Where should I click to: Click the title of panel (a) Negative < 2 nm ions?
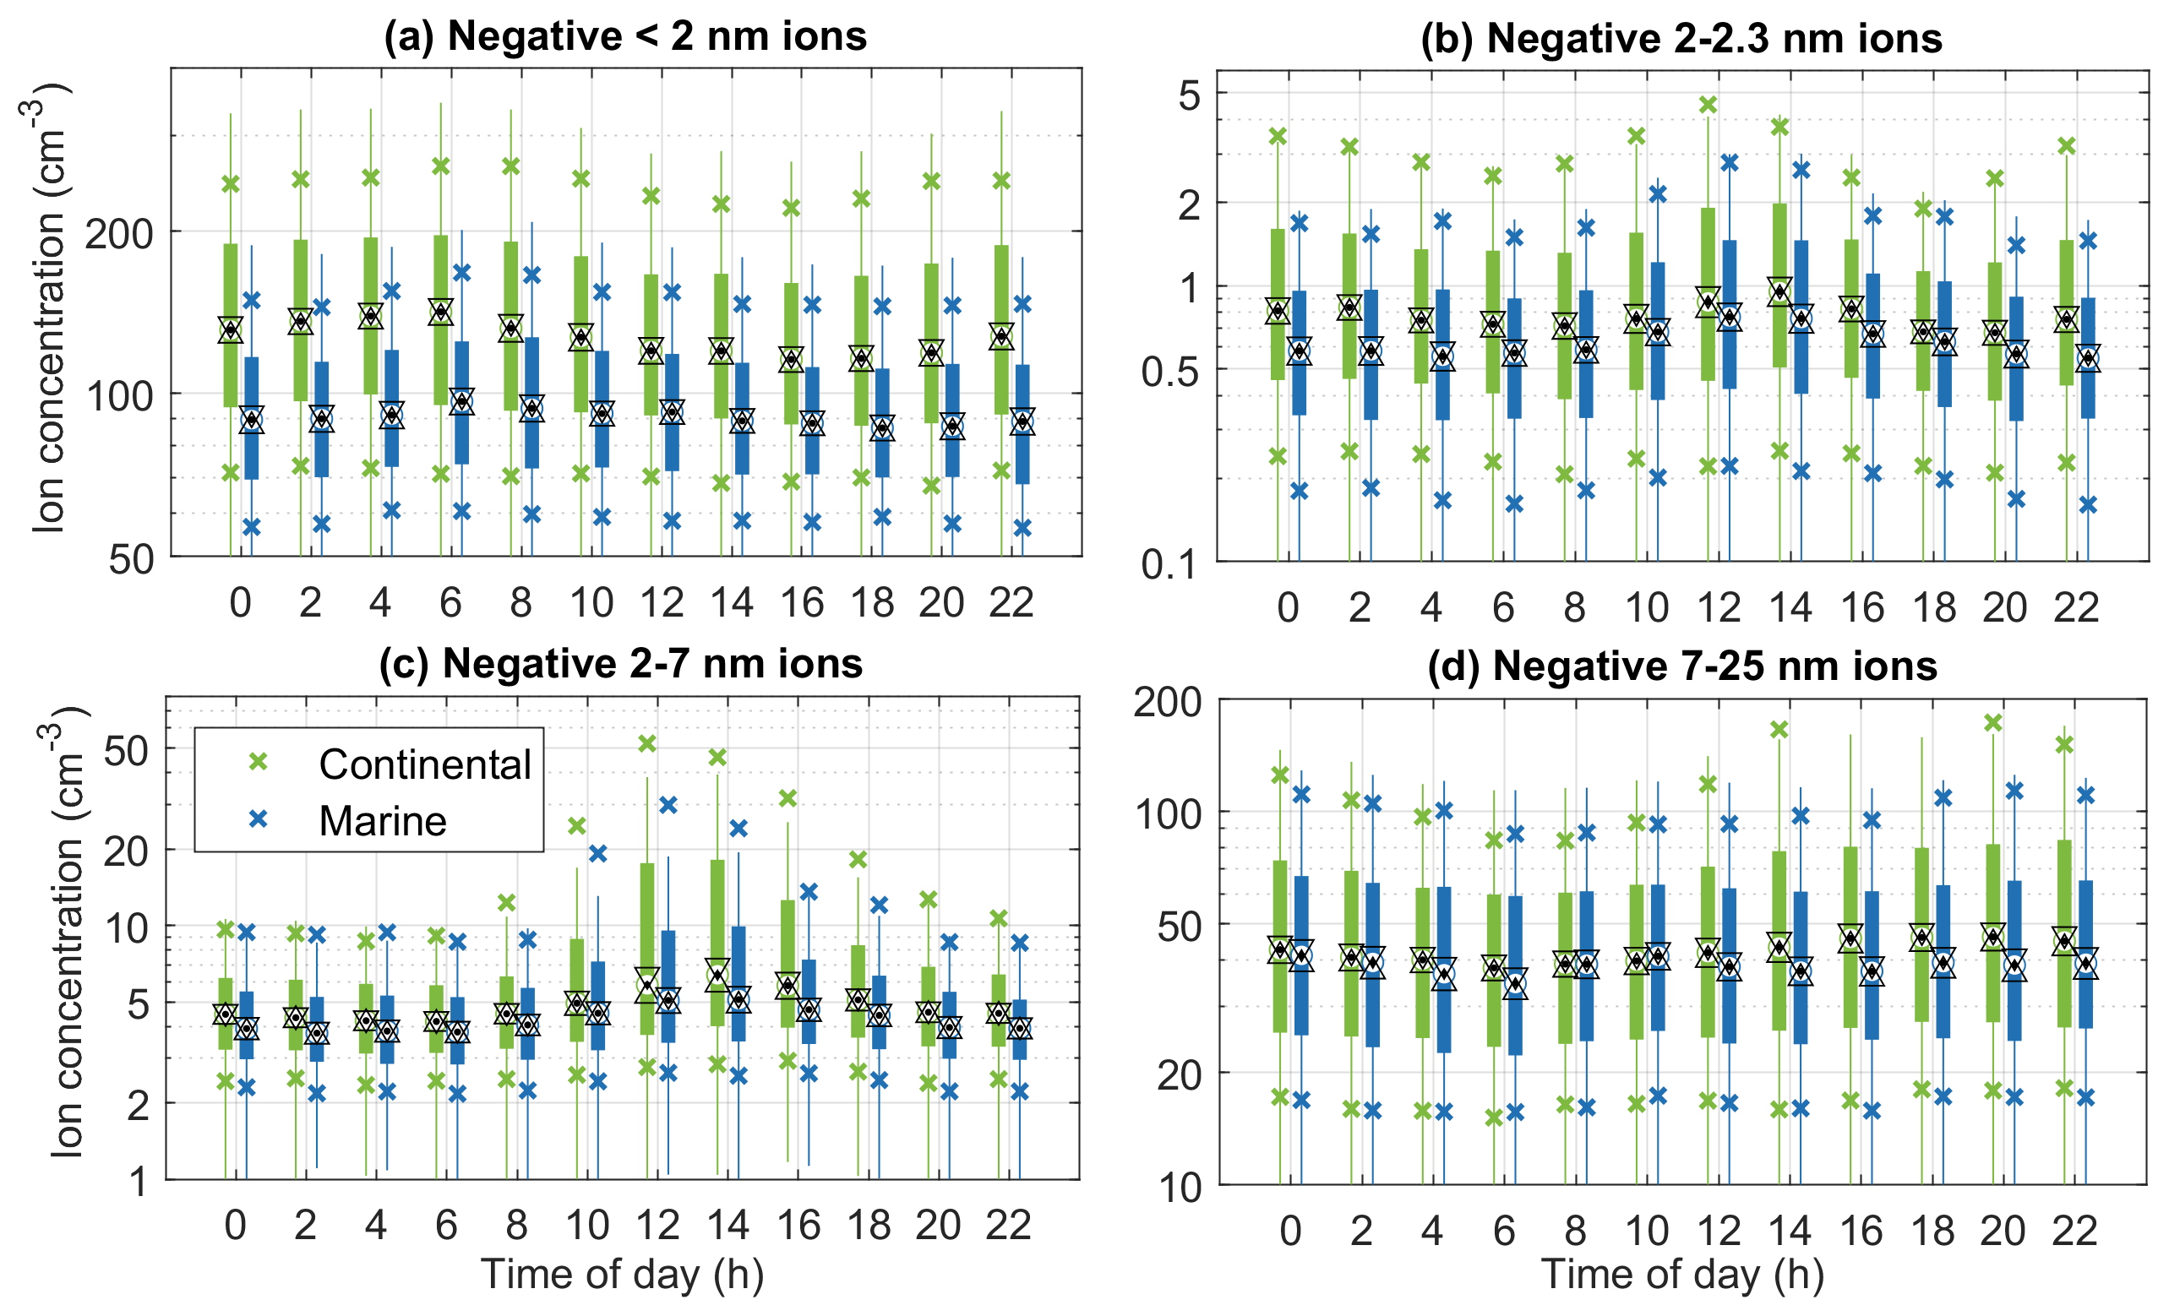[625, 37]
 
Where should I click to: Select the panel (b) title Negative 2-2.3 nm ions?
[1681, 39]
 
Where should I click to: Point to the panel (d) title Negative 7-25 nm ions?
[1682, 666]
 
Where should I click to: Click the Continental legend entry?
[424, 764]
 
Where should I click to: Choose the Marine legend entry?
[382, 820]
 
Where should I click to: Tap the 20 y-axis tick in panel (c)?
[126, 851]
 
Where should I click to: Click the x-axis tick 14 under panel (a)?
[732, 603]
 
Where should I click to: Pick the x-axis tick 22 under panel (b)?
[2076, 607]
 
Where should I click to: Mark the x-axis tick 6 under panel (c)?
[446, 1226]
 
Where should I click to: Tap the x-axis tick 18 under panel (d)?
[1932, 1231]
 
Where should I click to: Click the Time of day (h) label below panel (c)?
[622, 1274]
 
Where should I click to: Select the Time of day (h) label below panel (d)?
[1681, 1274]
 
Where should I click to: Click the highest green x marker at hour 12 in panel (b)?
[1708, 106]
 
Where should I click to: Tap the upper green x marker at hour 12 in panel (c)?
[647, 744]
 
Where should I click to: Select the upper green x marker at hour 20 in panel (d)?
[1993, 723]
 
